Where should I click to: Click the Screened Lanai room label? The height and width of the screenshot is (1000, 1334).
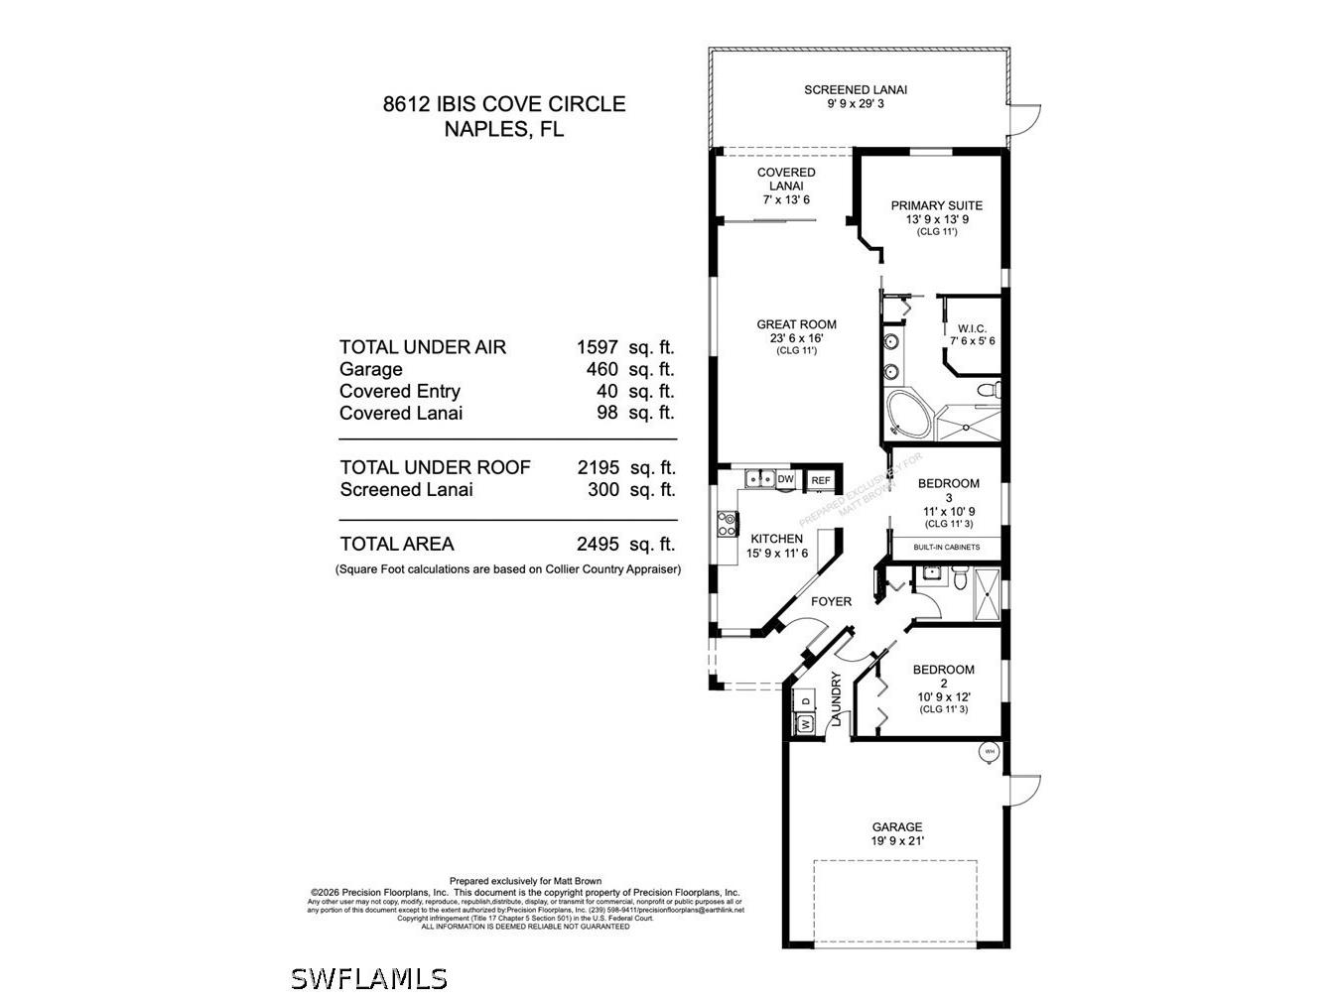pyautogui.click(x=855, y=90)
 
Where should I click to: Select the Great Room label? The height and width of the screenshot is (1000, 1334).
pyautogui.click(x=796, y=324)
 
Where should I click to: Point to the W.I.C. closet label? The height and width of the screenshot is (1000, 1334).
pyautogui.click(x=972, y=328)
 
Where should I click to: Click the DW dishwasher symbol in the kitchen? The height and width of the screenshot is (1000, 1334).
pyautogui.click(x=785, y=479)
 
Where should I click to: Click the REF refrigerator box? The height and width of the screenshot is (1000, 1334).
pyautogui.click(x=821, y=480)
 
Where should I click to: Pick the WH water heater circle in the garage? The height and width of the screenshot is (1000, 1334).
pyautogui.click(x=989, y=752)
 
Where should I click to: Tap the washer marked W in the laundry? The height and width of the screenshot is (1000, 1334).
pyautogui.click(x=804, y=724)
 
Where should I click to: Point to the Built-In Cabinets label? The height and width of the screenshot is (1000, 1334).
pyautogui.click(x=946, y=547)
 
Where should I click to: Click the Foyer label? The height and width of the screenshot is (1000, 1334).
pyautogui.click(x=831, y=601)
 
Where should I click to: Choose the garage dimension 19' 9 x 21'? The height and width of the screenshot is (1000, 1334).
pyautogui.click(x=897, y=841)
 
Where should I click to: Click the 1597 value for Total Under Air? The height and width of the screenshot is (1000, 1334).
pyautogui.click(x=598, y=347)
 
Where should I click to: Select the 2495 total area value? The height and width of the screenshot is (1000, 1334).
pyautogui.click(x=598, y=544)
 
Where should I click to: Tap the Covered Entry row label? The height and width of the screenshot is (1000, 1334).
pyautogui.click(x=399, y=391)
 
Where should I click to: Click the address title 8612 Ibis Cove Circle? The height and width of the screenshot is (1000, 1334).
pyautogui.click(x=504, y=104)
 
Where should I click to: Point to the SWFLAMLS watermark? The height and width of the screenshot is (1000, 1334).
pyautogui.click(x=369, y=978)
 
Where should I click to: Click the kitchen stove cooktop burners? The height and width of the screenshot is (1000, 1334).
pyautogui.click(x=726, y=523)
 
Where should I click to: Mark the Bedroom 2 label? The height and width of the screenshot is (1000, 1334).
pyautogui.click(x=943, y=670)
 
